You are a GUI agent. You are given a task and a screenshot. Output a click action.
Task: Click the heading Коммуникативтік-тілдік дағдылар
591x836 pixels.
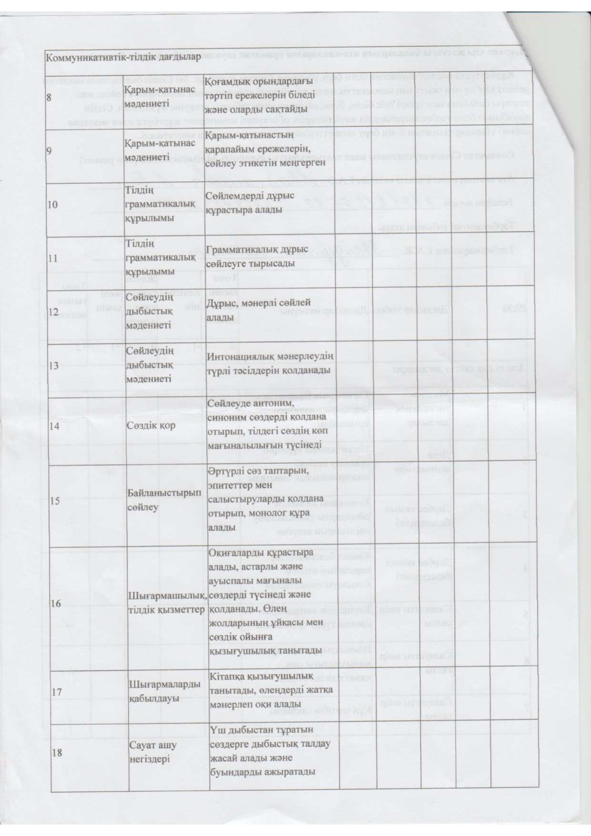(122, 58)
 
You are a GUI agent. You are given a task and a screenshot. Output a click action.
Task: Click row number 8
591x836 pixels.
(49, 97)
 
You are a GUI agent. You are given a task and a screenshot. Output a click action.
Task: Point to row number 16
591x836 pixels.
(56, 604)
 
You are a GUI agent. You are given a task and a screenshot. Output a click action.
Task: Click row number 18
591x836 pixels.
(57, 753)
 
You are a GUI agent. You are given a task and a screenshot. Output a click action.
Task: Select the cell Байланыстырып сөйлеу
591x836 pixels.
(164, 501)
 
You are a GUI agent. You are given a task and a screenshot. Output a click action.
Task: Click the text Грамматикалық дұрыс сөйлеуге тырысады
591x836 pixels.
(256, 256)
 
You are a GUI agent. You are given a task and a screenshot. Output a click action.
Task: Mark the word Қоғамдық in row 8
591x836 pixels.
(225, 81)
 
